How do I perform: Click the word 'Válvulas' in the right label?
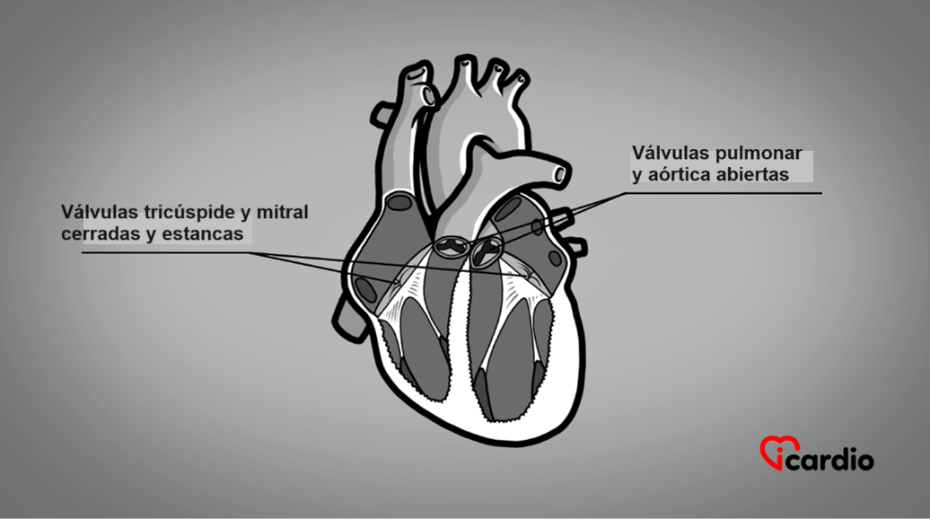(669, 153)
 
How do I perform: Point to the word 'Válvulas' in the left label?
(98, 212)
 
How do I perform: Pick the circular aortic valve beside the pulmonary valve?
(488, 251)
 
